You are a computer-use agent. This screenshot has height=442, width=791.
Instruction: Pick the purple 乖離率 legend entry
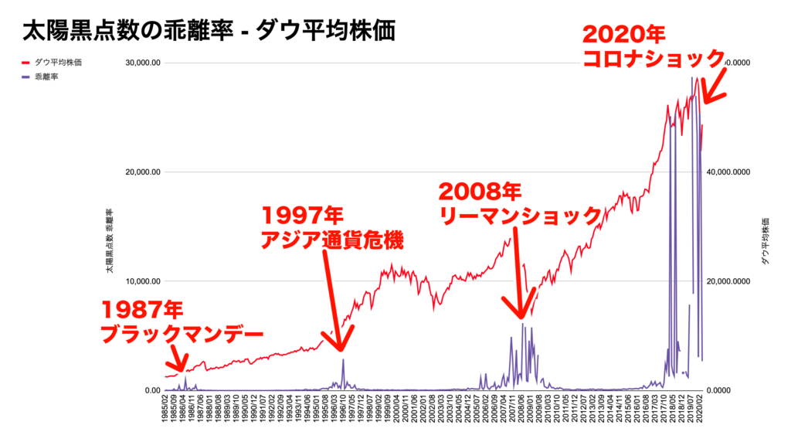47,76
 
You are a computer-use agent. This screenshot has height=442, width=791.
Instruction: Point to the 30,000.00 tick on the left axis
142,63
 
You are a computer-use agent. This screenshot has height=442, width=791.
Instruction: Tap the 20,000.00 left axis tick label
142,172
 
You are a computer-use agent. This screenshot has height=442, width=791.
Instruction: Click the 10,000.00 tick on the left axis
142,281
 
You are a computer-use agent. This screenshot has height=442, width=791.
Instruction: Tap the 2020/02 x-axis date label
700,410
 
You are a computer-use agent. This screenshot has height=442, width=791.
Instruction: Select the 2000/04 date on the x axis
396,410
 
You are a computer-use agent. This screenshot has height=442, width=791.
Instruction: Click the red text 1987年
142,311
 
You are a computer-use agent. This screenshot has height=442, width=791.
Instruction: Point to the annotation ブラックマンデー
182,335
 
